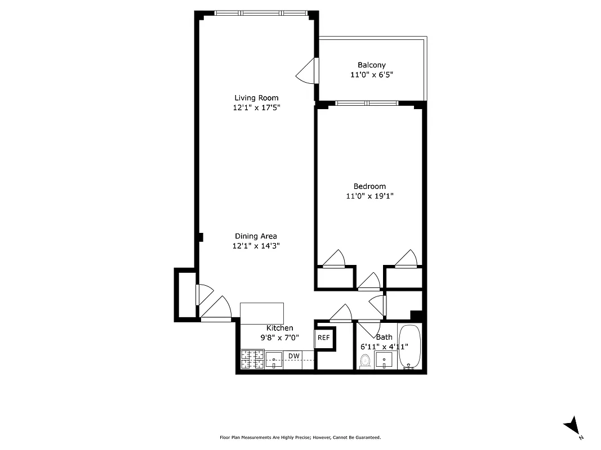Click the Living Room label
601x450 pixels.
click(x=256, y=98)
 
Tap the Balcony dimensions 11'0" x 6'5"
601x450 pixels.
click(x=371, y=75)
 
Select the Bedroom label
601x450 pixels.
click(x=369, y=186)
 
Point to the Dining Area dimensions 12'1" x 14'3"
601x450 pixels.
click(x=256, y=246)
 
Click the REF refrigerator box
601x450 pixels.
click(x=323, y=338)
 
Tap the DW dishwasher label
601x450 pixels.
click(x=293, y=356)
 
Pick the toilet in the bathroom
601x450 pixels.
click(x=365, y=361)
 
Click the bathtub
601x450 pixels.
click(x=409, y=347)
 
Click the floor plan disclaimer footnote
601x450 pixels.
click(x=300, y=437)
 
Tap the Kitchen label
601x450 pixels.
click(x=279, y=328)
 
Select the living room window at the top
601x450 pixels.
click(x=260, y=13)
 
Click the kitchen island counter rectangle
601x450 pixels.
click(x=262, y=311)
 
